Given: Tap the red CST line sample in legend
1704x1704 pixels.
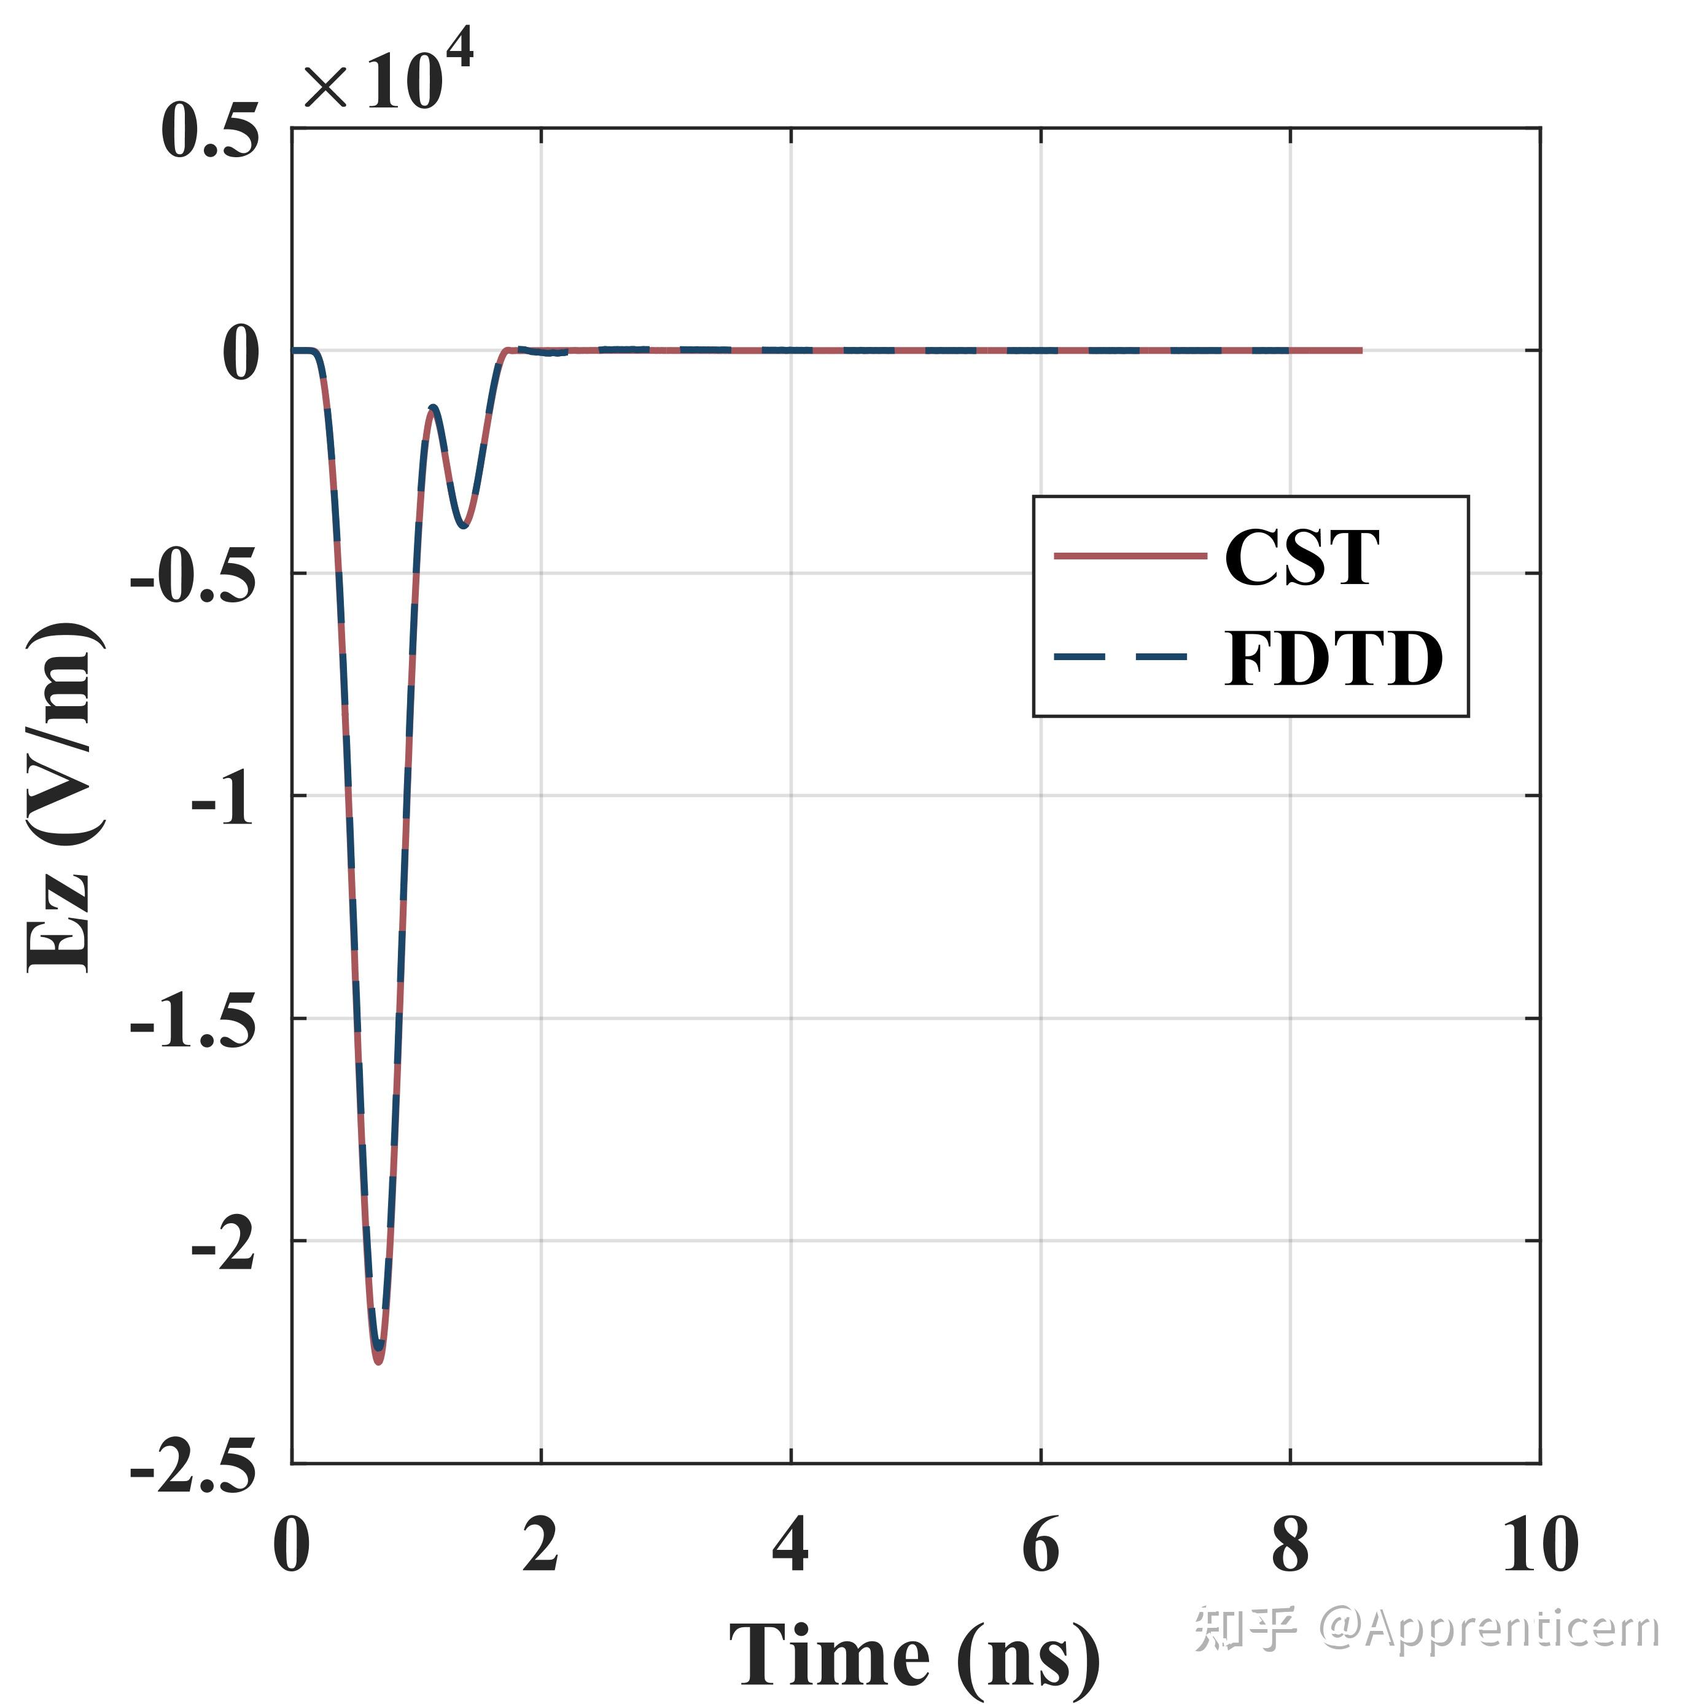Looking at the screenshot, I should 1130,556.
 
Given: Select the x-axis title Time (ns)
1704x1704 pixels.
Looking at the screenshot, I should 914,1655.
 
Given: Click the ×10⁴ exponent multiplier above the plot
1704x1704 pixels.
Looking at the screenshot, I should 388,81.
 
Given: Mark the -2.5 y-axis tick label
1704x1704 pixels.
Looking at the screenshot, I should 193,1468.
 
